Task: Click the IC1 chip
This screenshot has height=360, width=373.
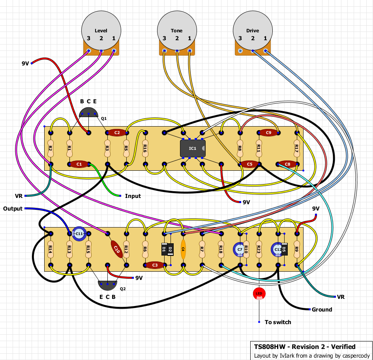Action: pyautogui.click(x=193, y=149)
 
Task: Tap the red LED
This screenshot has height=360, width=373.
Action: pyautogui.click(x=259, y=294)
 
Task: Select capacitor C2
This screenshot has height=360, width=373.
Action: pyautogui.click(x=117, y=132)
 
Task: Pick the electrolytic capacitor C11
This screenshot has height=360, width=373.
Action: pyautogui.click(x=79, y=234)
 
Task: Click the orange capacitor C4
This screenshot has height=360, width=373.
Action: pyautogui.click(x=183, y=249)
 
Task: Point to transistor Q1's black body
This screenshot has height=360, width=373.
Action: pyautogui.click(x=88, y=112)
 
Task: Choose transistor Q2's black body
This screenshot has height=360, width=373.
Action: pyautogui.click(x=107, y=285)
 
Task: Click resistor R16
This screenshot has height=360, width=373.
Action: pyautogui.click(x=145, y=149)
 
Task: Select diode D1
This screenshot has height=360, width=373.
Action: pyautogui.click(x=164, y=249)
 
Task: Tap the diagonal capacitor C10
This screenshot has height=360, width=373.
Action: pyautogui.click(x=117, y=249)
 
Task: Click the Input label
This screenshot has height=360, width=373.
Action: pyautogui.click(x=133, y=196)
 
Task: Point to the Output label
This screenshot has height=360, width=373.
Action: pyautogui.click(x=13, y=209)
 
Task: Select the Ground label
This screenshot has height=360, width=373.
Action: pyautogui.click(x=322, y=310)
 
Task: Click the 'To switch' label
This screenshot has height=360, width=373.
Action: pyautogui.click(x=278, y=322)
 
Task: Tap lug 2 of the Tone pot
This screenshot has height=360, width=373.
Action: pyautogui.click(x=177, y=51)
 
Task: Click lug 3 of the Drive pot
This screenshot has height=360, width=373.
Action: pyautogui.click(x=240, y=51)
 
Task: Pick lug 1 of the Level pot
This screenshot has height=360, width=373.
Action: pyautogui.click(x=114, y=51)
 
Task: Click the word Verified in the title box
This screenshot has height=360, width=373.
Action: pyautogui.click(x=343, y=347)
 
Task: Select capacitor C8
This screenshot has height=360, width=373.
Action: pyautogui.click(x=287, y=164)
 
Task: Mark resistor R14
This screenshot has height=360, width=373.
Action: pyautogui.click(x=51, y=249)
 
